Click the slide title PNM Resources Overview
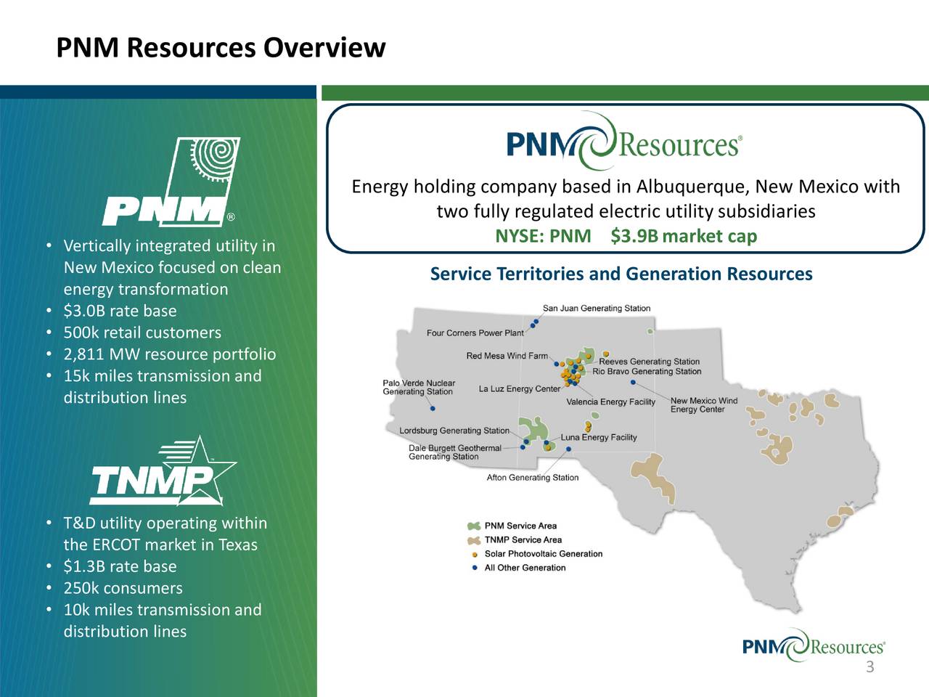(x=221, y=48)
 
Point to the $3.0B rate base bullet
(x=120, y=311)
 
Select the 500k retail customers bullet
(x=142, y=333)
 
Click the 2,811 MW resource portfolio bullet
(x=169, y=354)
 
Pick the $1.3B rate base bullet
(x=120, y=566)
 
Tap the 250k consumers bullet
(x=123, y=588)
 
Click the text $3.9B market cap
(x=684, y=236)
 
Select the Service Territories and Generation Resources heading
(x=621, y=274)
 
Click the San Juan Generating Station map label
(x=597, y=309)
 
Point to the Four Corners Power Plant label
(x=475, y=333)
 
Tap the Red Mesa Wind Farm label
(x=507, y=356)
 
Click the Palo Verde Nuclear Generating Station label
(x=419, y=388)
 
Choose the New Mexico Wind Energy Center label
(x=703, y=405)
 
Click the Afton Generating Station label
(x=533, y=478)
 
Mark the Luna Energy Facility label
(x=598, y=437)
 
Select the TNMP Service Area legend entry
(x=523, y=539)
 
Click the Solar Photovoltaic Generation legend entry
(x=543, y=554)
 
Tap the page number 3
(x=869, y=668)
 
